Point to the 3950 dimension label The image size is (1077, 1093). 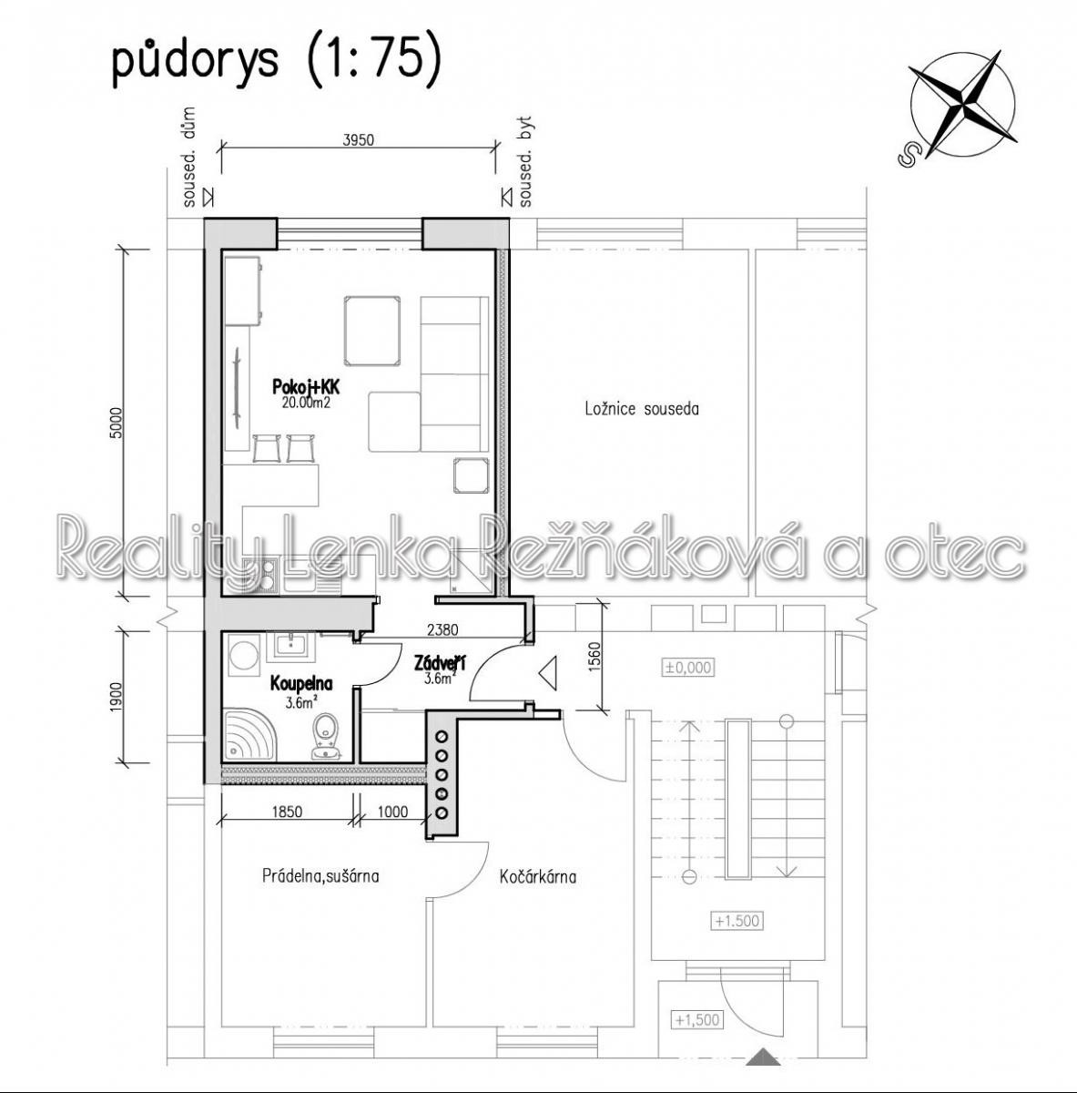click(x=359, y=140)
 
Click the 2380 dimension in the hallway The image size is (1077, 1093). click(x=442, y=629)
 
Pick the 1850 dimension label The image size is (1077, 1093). click(x=287, y=812)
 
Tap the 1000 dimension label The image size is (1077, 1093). click(x=392, y=812)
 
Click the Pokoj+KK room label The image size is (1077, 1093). click(x=306, y=387)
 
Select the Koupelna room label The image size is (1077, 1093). click(x=301, y=683)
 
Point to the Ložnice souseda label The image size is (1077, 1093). click(x=642, y=408)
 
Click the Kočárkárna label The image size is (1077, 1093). click(x=538, y=877)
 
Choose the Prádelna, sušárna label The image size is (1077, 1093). click(x=320, y=875)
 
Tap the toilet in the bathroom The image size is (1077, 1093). click(x=326, y=736)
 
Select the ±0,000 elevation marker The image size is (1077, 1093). click(x=688, y=667)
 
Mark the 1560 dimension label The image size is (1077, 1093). click(x=594, y=657)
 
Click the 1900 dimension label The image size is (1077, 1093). click(x=116, y=697)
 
